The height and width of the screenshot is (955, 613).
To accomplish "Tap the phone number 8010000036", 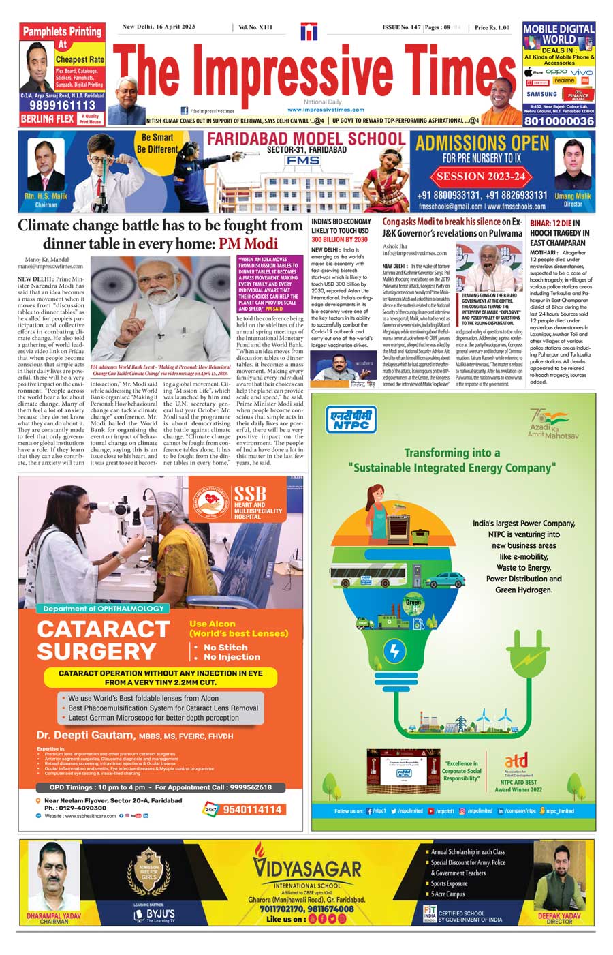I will click(559, 121).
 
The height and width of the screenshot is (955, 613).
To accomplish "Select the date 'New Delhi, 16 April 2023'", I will click(159, 27).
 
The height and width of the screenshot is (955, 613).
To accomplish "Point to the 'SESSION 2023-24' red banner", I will click(481, 176).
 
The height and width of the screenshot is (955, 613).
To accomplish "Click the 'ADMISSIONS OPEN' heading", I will click(482, 143).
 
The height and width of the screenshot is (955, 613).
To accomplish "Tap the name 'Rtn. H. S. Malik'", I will click(46, 196).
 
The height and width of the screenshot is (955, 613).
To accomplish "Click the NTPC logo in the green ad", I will click(351, 419).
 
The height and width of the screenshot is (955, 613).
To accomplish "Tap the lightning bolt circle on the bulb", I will click(394, 651).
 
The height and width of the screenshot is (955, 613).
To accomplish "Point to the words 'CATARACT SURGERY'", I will click(103, 640).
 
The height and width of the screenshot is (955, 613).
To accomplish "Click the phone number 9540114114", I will click(252, 810).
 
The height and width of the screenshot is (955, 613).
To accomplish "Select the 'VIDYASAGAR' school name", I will click(307, 869).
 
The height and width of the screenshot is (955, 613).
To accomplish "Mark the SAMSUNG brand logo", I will click(541, 94).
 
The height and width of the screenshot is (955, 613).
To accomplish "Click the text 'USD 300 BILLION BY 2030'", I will click(339, 239).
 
